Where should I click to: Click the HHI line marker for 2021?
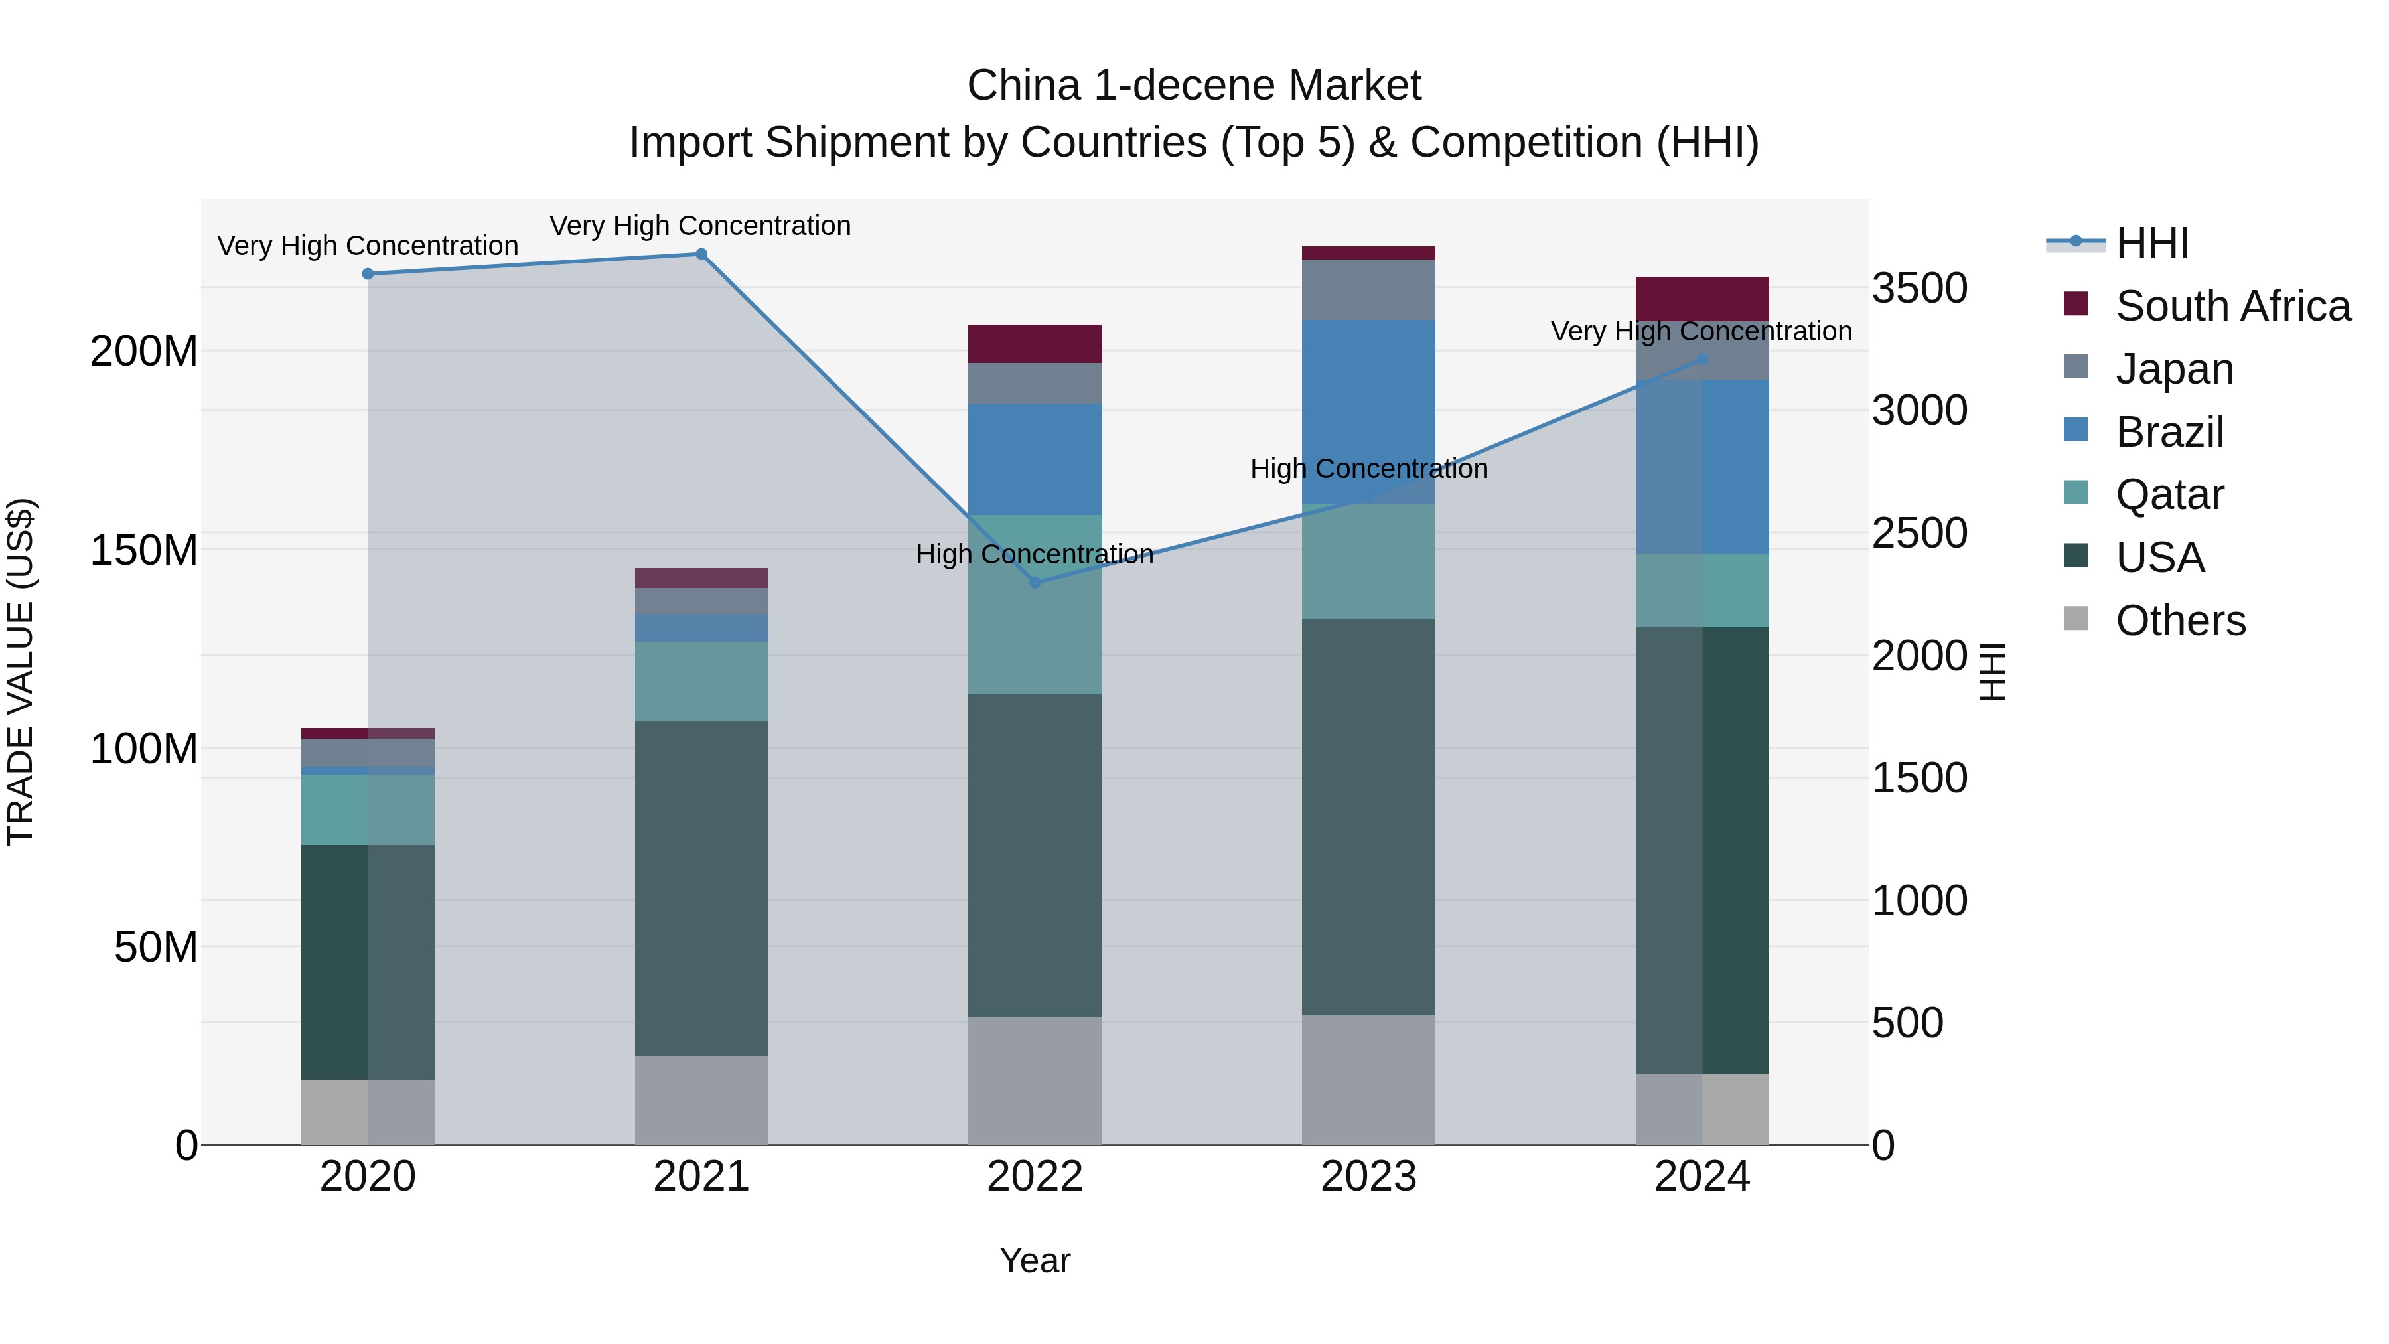[701, 254]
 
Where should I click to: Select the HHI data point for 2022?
[1035, 583]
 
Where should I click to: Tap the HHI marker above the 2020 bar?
[368, 273]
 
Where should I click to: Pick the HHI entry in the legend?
[2151, 243]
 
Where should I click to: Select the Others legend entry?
[2179, 621]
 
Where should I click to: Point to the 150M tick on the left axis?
[144, 550]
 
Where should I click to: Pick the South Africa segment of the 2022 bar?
[1035, 343]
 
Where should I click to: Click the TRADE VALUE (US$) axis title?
[21, 672]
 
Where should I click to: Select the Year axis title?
[1035, 1260]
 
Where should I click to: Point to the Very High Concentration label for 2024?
[1701, 331]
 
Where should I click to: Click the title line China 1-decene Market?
[1194, 86]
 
